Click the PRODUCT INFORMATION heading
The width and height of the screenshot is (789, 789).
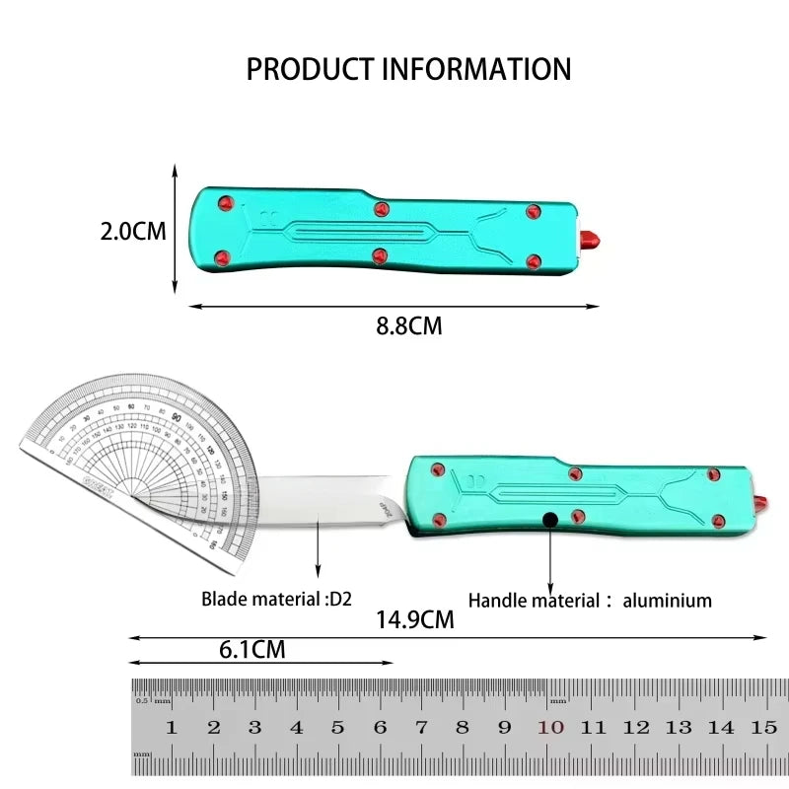point(408,69)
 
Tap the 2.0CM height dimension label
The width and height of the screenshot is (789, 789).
point(133,232)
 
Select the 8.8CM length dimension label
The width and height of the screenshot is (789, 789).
point(408,326)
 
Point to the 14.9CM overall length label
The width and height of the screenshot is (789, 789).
point(414,619)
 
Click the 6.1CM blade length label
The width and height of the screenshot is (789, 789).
point(251,649)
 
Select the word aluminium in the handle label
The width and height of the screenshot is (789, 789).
point(667,599)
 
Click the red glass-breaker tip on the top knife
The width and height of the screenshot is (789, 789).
point(592,239)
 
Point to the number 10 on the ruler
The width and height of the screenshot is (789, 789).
point(550,728)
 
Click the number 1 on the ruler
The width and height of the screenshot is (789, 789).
point(171,728)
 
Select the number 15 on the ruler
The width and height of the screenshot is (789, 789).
point(763,728)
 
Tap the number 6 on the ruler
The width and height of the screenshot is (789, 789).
point(380,728)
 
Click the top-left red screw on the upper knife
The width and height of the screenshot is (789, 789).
point(224,204)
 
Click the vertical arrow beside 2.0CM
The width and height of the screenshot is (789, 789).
point(175,229)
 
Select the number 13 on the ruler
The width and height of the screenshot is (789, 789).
point(679,728)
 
